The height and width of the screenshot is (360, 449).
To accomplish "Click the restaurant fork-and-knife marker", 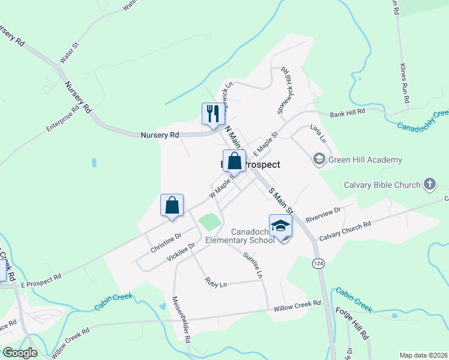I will pos(212,114).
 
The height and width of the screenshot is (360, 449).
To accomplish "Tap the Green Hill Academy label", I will pos(364,160).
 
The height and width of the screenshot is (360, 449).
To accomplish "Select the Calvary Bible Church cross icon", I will pos(429,184).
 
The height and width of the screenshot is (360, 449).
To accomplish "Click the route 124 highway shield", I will pos(316,263).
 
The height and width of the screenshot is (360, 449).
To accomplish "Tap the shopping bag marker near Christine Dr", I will pos(172,205).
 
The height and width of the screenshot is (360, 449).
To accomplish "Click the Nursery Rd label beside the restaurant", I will pos(160,136).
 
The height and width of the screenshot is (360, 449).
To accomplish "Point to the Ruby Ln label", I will pos(215,281).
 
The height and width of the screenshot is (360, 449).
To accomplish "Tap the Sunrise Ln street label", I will pos(253,265).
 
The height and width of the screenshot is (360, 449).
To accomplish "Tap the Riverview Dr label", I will pos(322,214).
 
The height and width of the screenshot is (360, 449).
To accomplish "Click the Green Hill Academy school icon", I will pos(319,160).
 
